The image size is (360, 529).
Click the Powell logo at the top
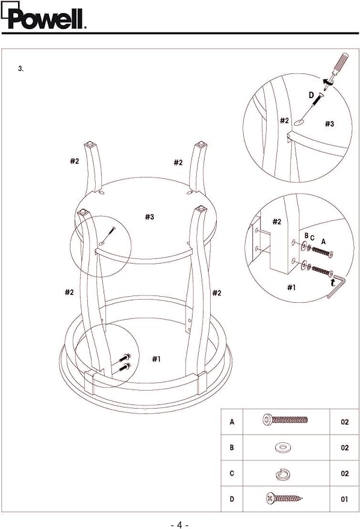click(x=43, y=16)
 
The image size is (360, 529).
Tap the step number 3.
click(x=20, y=69)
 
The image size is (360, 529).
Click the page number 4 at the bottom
click(x=179, y=525)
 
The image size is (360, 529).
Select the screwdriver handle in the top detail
click(x=340, y=63)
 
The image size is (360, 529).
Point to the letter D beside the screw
click(x=311, y=95)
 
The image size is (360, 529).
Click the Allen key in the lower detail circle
click(x=336, y=285)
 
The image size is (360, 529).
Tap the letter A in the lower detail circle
click(x=323, y=241)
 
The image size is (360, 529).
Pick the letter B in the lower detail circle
click(x=306, y=235)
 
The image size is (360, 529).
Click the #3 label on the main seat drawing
click(x=149, y=217)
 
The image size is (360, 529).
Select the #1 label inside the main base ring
click(x=156, y=359)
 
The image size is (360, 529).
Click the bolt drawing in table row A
click(x=285, y=419)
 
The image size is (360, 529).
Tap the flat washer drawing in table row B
click(x=283, y=448)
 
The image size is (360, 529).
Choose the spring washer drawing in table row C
click(x=283, y=475)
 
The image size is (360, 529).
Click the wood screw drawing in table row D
click(x=284, y=498)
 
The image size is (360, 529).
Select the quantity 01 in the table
click(x=344, y=500)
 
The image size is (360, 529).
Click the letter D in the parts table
click(x=232, y=499)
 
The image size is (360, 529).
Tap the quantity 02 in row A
click(x=344, y=422)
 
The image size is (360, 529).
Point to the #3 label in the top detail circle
click(x=329, y=124)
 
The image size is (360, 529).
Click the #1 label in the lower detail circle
click(x=291, y=288)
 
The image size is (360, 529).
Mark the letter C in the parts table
click(x=232, y=474)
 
